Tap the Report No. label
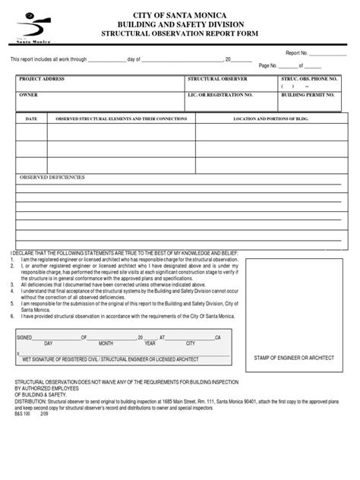[296, 53]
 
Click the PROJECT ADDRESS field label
[41, 78]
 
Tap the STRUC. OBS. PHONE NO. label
[309, 78]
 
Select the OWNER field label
[28, 96]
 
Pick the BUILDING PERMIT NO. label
[308, 96]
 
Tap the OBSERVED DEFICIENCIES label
[52, 177]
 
